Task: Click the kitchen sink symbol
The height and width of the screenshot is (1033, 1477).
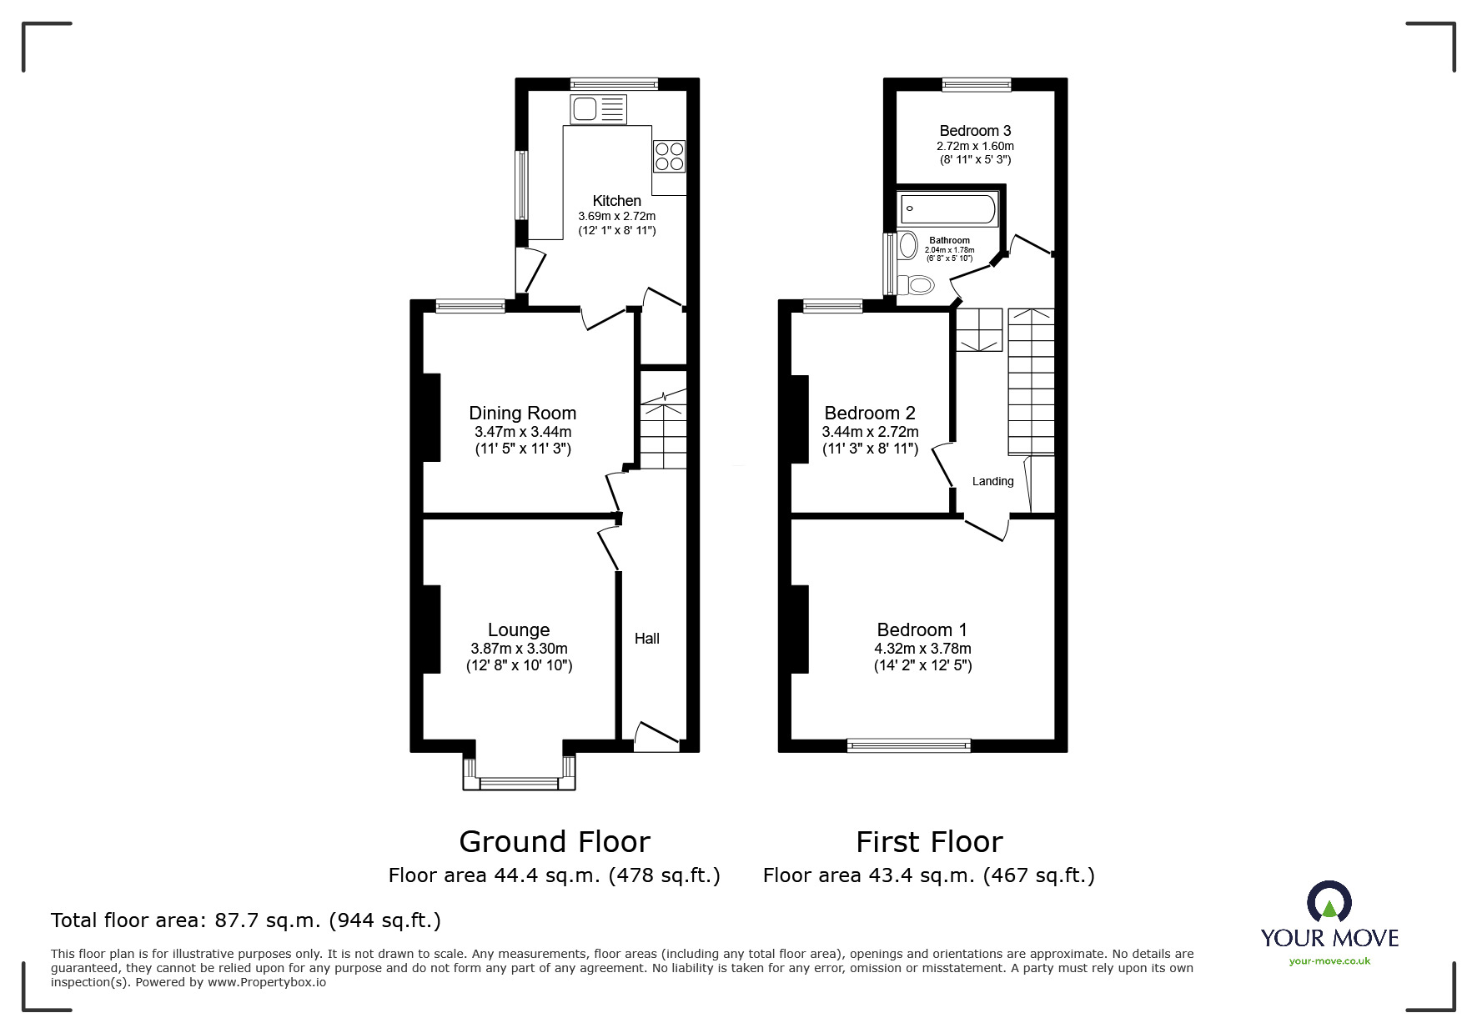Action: point(598,109)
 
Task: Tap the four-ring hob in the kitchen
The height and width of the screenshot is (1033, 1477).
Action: point(669,155)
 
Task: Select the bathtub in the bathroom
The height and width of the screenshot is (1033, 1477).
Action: point(947,209)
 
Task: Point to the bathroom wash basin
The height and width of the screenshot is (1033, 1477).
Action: point(908,245)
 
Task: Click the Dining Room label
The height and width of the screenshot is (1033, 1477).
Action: point(522,413)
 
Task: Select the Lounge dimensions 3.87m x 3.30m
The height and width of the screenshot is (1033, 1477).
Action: point(519,649)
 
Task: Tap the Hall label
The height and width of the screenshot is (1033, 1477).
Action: point(646,639)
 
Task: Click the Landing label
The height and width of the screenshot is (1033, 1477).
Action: point(992,481)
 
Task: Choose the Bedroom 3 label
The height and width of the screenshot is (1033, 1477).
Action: point(975,131)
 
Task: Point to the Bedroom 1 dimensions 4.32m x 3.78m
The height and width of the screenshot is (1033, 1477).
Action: point(922,649)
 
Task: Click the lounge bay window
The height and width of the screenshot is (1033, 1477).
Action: point(519,782)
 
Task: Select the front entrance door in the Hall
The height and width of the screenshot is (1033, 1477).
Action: point(656,735)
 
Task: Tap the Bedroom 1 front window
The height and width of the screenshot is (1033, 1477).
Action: point(908,745)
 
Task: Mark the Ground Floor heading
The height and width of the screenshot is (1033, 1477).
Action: point(555,842)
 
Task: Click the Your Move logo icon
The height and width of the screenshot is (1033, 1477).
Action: point(1329,903)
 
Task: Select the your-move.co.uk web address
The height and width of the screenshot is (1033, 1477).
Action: point(1329,961)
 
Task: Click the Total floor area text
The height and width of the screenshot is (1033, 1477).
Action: point(246,920)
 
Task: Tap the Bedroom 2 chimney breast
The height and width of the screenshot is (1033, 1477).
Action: point(799,419)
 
